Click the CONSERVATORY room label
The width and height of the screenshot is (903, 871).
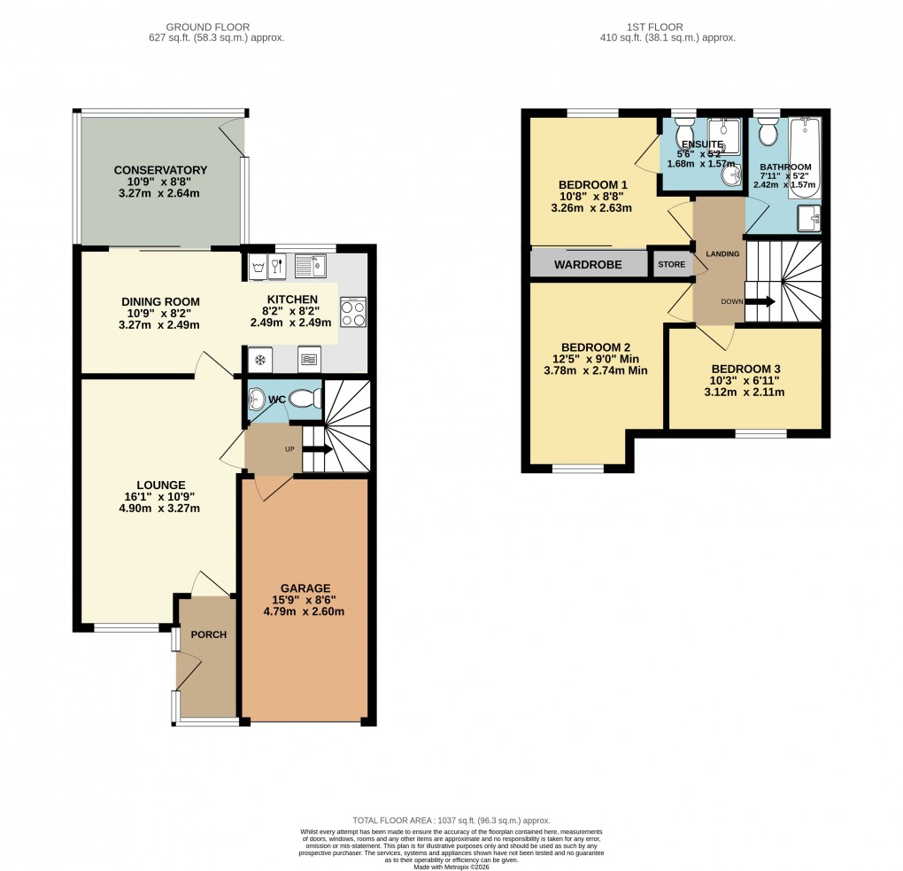pyautogui.click(x=160, y=170)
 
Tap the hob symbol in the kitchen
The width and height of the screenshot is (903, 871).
pyautogui.click(x=352, y=311)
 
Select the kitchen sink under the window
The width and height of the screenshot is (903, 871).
pyautogui.click(x=311, y=264)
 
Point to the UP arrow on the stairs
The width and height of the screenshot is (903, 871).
pyautogui.click(x=317, y=449)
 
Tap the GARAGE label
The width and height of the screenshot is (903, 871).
pyautogui.click(x=305, y=587)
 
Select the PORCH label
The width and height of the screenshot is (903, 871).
pyautogui.click(x=209, y=634)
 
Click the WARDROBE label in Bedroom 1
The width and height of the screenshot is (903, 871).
pyautogui.click(x=588, y=264)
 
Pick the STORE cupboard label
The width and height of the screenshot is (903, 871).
pyautogui.click(x=671, y=264)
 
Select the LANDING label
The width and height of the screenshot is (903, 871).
pyautogui.click(x=722, y=254)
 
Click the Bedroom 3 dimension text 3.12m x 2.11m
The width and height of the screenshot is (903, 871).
pyautogui.click(x=745, y=392)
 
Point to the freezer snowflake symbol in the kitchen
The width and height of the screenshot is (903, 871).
pyautogui.click(x=260, y=359)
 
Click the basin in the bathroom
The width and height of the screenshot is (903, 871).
pyautogui.click(x=809, y=216)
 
